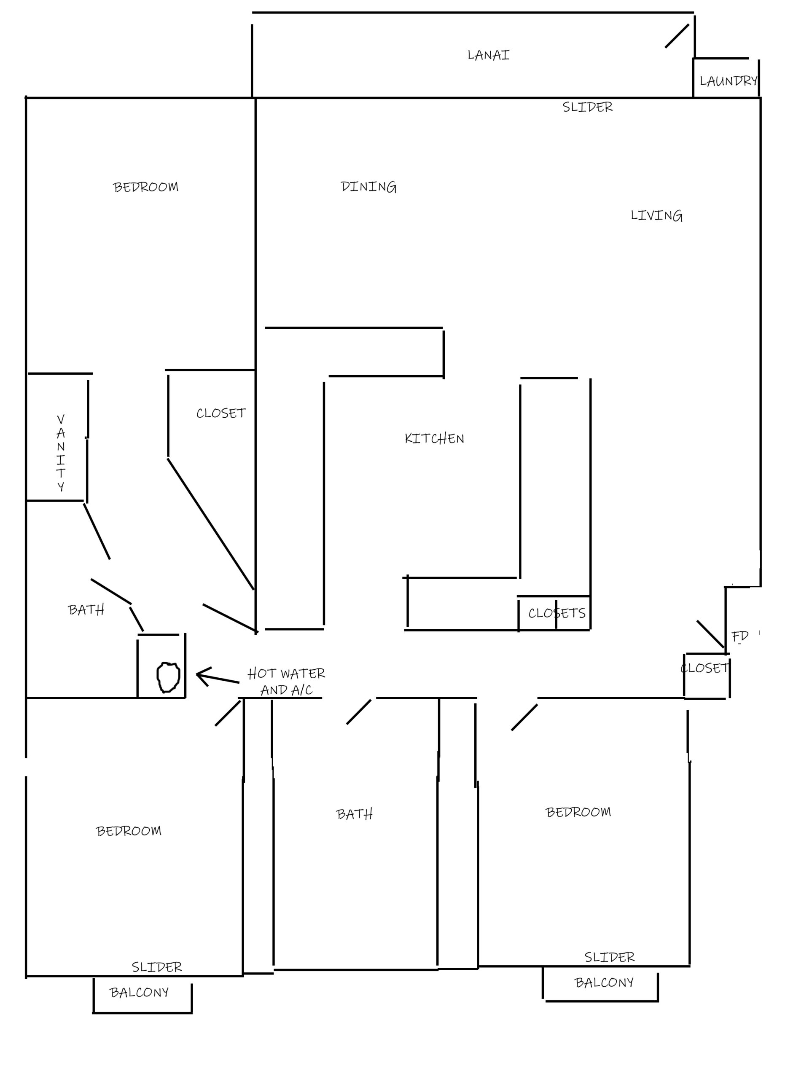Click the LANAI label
click(x=488, y=55)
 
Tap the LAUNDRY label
click(x=729, y=81)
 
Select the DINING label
click(x=369, y=187)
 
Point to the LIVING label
click(x=656, y=216)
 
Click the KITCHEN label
click(x=434, y=439)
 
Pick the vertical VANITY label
click(x=61, y=453)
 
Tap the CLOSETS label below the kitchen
click(x=556, y=613)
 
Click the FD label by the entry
click(x=740, y=636)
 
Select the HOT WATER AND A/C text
click(x=286, y=682)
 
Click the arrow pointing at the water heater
click(x=218, y=677)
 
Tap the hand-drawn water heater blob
click(x=168, y=677)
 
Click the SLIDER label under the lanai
click(x=588, y=107)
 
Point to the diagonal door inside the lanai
click(x=677, y=36)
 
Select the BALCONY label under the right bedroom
click(x=604, y=983)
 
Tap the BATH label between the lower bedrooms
click(x=355, y=814)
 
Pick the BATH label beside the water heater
click(x=86, y=610)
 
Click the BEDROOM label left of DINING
click(x=145, y=188)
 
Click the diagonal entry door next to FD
click(x=711, y=634)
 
